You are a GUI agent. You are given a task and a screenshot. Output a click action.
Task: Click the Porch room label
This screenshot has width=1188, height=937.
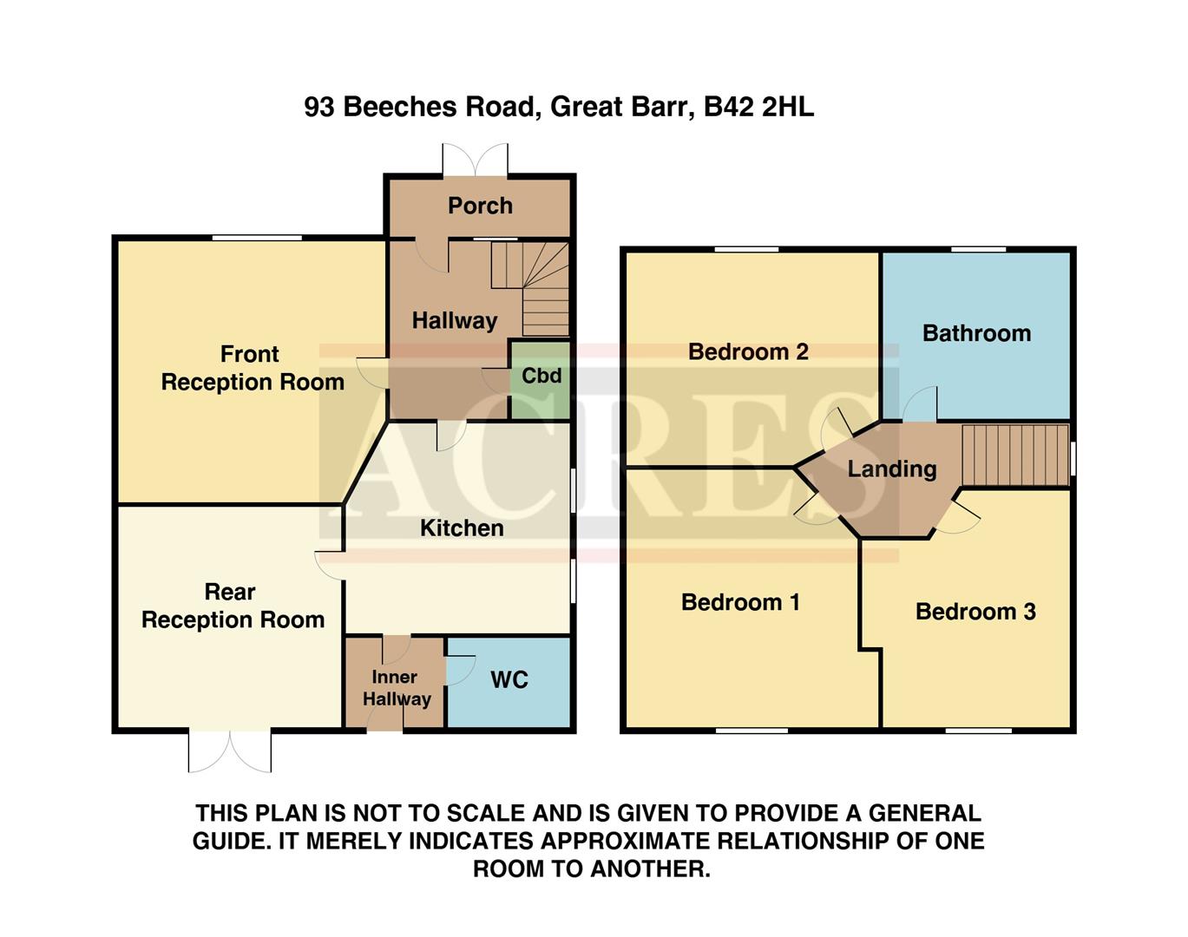coord(480,206)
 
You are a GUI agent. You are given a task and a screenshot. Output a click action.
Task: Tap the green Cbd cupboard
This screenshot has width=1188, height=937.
coord(541,377)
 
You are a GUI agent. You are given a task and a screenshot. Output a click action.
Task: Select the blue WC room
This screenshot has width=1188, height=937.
coord(509,680)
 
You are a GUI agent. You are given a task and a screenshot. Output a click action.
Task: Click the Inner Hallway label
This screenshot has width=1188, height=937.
coord(396,688)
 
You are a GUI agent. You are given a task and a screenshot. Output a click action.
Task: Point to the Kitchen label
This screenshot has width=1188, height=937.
coord(462,527)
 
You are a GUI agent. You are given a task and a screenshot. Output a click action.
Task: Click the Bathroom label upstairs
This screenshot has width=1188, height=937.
coord(976,333)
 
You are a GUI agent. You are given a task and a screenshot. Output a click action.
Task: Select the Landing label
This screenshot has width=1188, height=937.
coord(891,469)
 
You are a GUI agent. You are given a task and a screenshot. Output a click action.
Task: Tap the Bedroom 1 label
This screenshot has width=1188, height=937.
coord(740,602)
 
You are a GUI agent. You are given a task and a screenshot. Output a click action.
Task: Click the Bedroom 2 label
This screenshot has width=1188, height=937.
coord(748,351)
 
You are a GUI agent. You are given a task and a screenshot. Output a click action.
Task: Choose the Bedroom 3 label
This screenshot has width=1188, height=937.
coord(975,612)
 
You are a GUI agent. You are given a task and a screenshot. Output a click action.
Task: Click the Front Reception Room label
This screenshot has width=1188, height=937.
coord(252,368)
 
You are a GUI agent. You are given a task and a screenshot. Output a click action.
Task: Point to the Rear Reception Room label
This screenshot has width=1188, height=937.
coord(233,606)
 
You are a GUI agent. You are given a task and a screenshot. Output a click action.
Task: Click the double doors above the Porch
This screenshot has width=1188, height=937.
coord(475,161)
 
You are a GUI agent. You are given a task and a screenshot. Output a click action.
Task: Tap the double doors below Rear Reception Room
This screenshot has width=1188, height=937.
coord(230,751)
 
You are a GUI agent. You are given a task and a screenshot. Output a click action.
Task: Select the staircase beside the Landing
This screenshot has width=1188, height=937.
coord(1014,455)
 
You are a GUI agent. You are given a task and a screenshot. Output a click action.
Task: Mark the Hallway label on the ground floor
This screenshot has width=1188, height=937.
coord(454,320)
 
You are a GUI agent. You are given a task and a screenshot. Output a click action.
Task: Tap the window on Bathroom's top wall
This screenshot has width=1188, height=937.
coord(978,250)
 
